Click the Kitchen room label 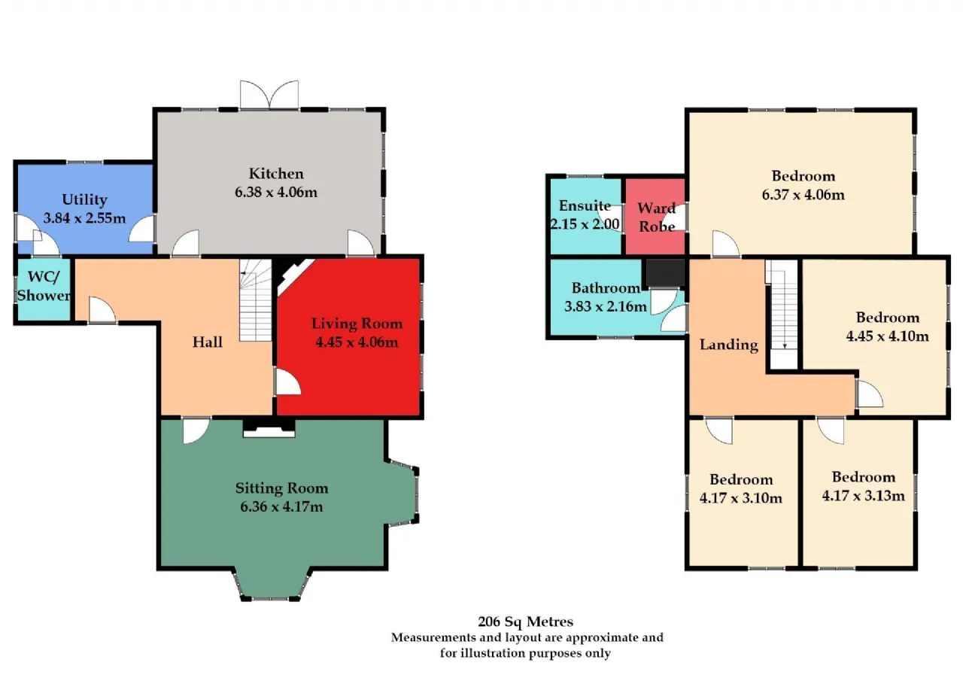276,174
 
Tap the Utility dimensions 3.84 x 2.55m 85,218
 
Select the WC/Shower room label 44,286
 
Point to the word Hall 207,342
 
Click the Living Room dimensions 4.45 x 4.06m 357,342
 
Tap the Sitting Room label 281,488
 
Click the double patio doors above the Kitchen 269,95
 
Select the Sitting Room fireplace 269,428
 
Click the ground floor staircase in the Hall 256,300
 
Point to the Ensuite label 585,205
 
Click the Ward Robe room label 657,217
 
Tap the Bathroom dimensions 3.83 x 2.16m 606,306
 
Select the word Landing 729,345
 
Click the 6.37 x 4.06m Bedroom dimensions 803,195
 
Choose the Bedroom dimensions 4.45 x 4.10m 887,336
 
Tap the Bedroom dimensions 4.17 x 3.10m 741,498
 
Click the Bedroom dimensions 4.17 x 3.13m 863,496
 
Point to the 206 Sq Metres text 525,622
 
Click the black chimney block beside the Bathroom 665,272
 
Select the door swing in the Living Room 288,382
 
